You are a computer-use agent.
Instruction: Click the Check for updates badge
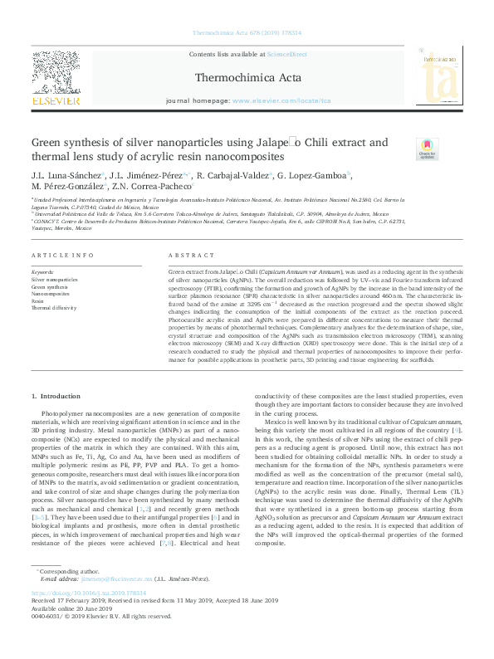pos(427,149)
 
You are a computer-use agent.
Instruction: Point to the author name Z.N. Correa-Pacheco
pos(154,188)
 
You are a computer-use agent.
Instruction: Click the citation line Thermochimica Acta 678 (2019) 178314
pos(247,34)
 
